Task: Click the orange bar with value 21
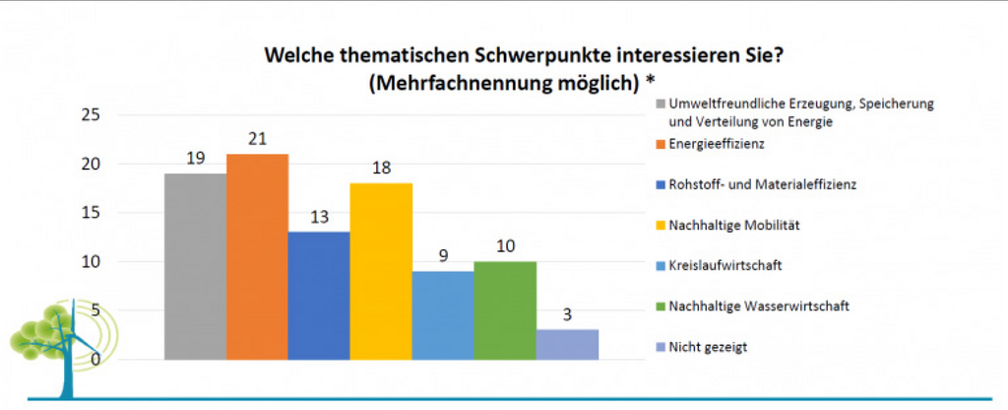coord(257,256)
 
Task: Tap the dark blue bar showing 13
coord(319,296)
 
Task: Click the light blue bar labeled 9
coord(443,315)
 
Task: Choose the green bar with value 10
coord(505,310)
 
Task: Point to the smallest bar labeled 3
coord(567,344)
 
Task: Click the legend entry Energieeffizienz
coord(717,144)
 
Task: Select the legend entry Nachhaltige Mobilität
coord(733,225)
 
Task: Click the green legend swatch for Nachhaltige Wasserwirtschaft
coord(660,307)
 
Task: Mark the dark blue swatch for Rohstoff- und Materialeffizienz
coord(660,185)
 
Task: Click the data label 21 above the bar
coord(257,139)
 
